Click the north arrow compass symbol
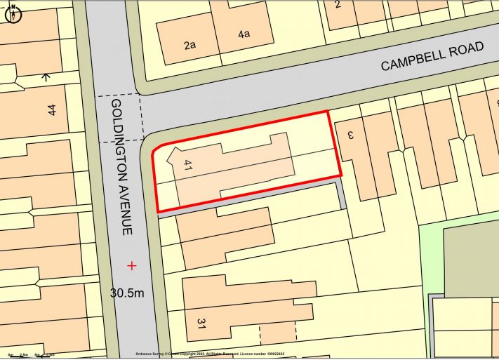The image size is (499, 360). click(13, 13)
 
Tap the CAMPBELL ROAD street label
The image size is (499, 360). click(432, 56)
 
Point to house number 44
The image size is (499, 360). click(51, 109)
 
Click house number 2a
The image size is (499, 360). click(189, 46)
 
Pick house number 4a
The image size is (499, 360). click(244, 34)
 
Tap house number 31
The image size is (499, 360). click(201, 324)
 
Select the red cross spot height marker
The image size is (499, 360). click(131, 265)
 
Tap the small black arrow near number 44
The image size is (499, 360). click(46, 76)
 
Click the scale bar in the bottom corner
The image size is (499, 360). click(28, 355)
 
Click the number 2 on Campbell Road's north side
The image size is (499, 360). click(338, 5)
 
